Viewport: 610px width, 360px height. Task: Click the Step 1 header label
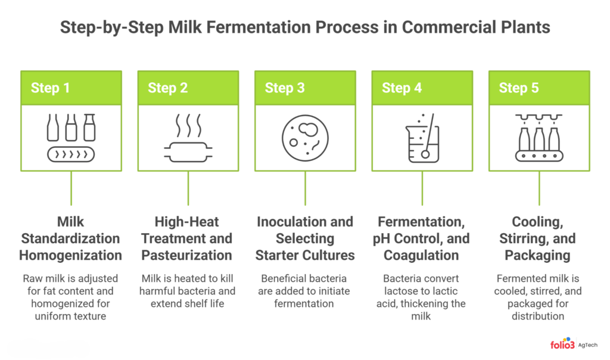50,88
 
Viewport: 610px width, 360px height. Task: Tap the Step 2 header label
167,88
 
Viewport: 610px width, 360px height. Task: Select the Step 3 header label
285,88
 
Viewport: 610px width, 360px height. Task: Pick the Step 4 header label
402,88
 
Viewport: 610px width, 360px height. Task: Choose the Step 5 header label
519,88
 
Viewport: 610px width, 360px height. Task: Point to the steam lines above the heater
189,125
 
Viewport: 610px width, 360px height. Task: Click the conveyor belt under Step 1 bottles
71,154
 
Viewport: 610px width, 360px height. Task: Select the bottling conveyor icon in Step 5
539,138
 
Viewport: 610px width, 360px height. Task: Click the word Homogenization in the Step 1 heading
70,255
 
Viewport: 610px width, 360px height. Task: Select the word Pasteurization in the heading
186,255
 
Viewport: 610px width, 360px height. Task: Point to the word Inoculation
288,222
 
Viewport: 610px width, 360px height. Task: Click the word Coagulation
421,255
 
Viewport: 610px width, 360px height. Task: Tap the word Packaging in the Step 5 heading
538,255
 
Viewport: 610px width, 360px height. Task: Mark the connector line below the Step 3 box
306,188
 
